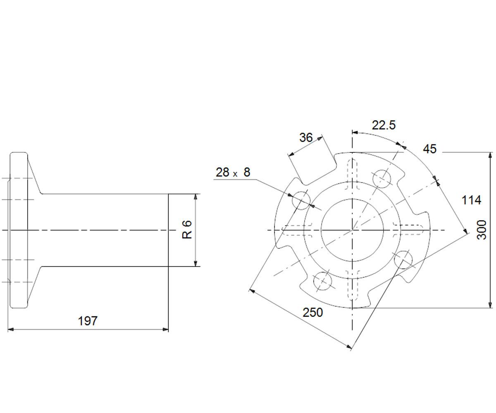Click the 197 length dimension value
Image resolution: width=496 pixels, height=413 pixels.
pos(88,321)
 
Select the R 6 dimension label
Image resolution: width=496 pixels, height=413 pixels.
pos(187,230)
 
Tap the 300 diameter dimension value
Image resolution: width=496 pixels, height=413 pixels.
pos(482,230)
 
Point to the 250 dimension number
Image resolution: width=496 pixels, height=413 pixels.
pos(312,312)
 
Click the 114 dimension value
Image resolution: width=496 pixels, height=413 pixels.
pos(471,200)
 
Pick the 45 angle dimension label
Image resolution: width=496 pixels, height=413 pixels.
pos(430,149)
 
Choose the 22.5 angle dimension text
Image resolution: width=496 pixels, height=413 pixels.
pos(384,125)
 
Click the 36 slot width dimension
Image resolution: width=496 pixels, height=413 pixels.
pos(306,138)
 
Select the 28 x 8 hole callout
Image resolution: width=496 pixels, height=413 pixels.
pos(233,172)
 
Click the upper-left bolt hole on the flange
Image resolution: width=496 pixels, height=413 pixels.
pos(301,200)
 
